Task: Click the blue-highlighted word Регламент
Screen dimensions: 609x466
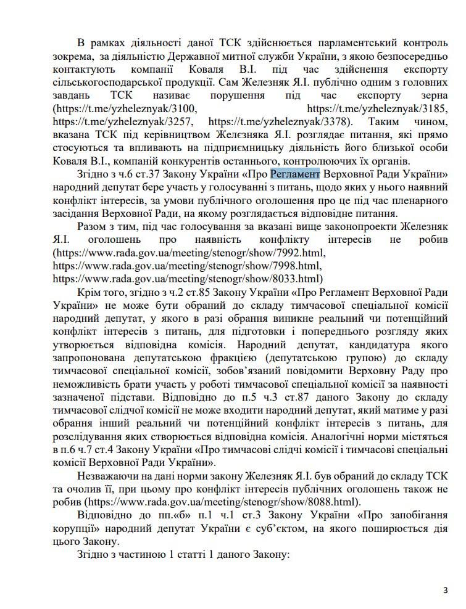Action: click(x=294, y=173)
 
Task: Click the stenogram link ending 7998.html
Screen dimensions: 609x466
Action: click(x=187, y=266)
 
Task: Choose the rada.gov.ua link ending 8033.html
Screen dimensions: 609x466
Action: click(x=187, y=279)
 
